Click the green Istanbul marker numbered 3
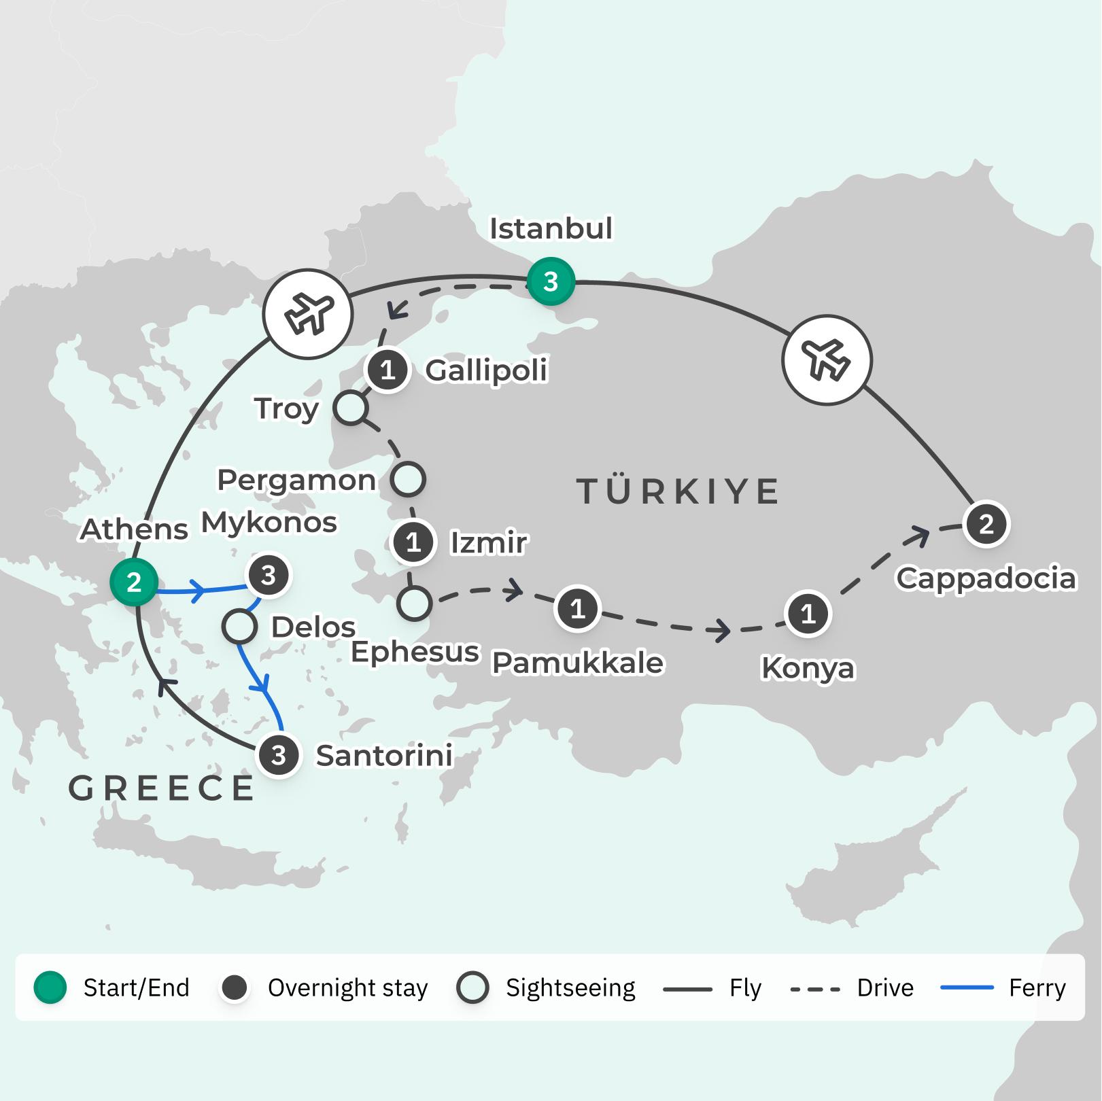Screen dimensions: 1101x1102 tap(551, 281)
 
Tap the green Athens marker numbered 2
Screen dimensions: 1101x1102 tap(134, 582)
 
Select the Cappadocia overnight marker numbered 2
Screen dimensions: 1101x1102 tap(986, 524)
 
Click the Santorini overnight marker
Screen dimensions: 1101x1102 tap(278, 755)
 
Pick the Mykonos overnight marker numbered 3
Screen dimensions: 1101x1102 tap(269, 576)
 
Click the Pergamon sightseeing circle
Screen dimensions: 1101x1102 tap(408, 479)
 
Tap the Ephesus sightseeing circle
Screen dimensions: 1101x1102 tap(414, 603)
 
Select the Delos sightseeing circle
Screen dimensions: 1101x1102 tap(239, 627)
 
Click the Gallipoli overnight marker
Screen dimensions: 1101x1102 tap(388, 370)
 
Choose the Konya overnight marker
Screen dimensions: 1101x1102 tap(808, 614)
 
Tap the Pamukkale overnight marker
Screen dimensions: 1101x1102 tap(577, 608)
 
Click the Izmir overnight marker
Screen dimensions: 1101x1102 tap(413, 542)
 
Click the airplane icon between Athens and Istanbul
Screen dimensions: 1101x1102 tap(308, 314)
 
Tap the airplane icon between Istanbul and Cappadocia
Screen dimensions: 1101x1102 tap(827, 360)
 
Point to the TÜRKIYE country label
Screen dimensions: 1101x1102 tap(678, 491)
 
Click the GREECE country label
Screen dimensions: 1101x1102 tap(161, 788)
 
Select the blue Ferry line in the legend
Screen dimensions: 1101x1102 tap(967, 988)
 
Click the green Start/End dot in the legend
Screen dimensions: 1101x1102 tap(50, 988)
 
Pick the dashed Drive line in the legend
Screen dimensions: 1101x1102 tap(815, 988)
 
